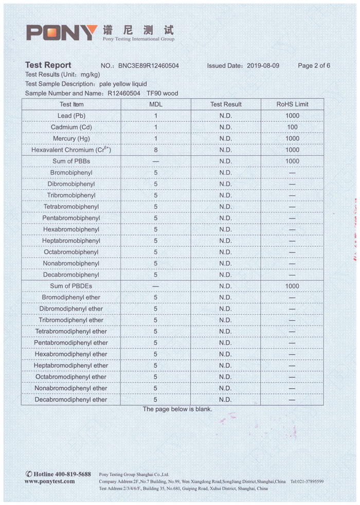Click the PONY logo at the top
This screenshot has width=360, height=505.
62,32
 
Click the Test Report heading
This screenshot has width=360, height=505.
48,65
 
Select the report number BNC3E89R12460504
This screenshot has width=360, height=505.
148,66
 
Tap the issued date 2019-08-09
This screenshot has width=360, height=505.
263,66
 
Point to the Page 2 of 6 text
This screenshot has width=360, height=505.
314,66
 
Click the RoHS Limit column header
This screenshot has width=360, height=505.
292,104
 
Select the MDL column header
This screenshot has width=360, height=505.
155,104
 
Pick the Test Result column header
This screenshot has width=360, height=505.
225,104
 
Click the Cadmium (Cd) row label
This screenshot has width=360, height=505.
71,127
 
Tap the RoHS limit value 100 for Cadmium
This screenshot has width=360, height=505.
292,127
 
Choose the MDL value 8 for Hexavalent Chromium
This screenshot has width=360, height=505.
155,150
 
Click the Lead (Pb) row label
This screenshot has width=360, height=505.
71,116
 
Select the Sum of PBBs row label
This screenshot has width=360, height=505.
71,161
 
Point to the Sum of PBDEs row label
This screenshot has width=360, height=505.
71,286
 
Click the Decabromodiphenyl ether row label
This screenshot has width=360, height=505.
71,400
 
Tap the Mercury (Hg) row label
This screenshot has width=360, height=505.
71,139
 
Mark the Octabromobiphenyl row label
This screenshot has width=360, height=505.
71,252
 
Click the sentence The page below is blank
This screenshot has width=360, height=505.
177,409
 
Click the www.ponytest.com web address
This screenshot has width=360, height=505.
49,481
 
